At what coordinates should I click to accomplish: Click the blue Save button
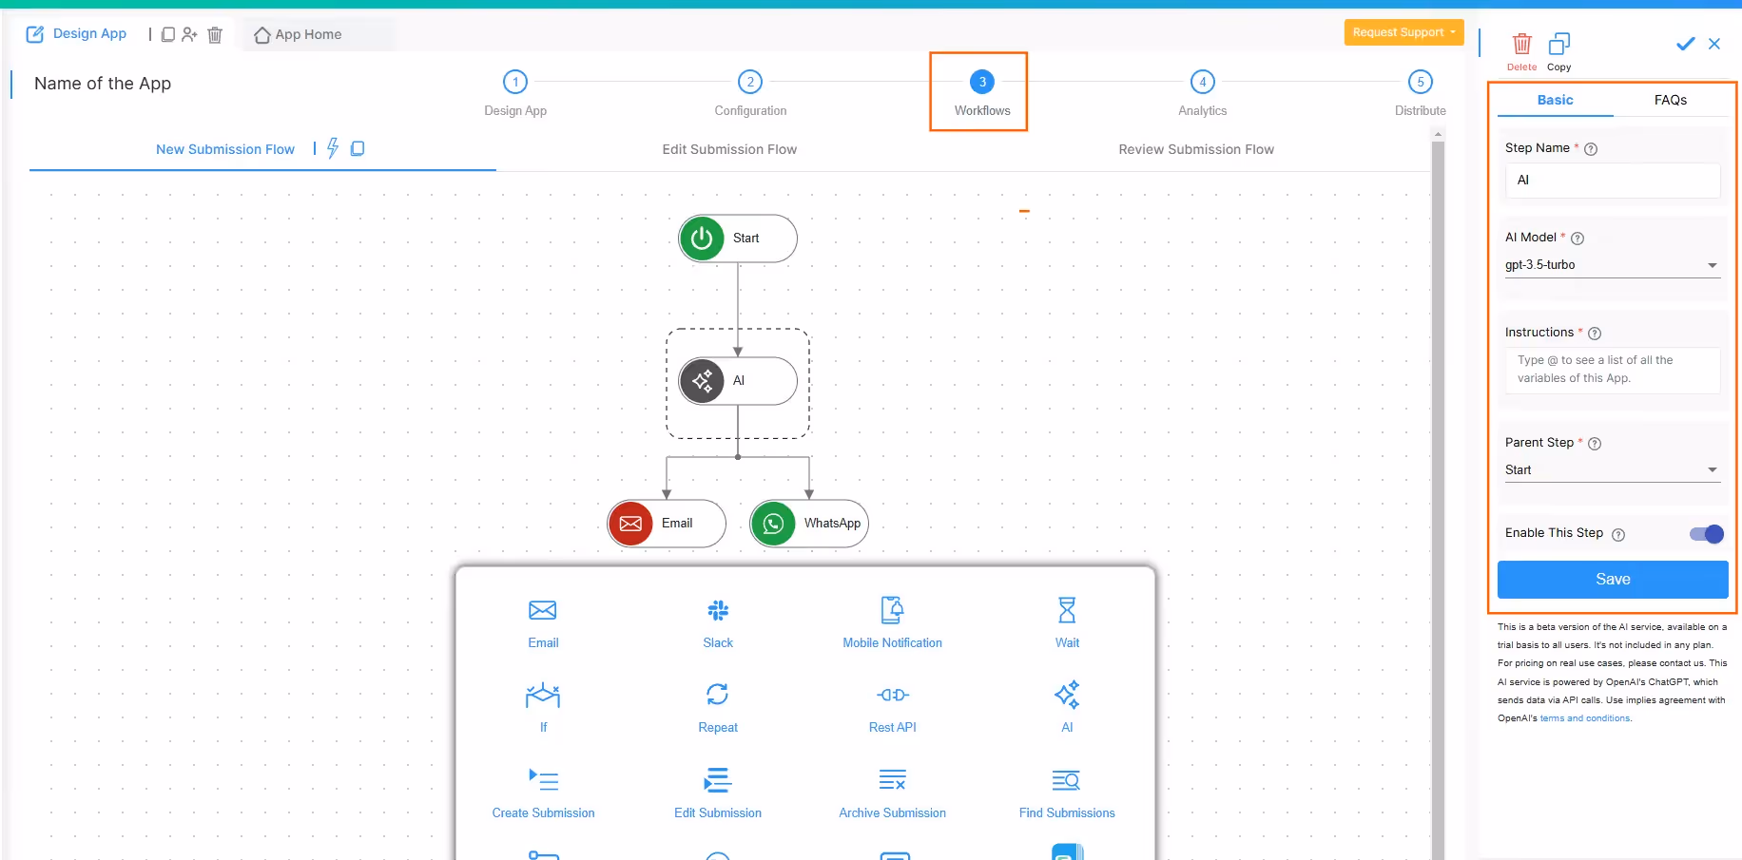pyautogui.click(x=1612, y=580)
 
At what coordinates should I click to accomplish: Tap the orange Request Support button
pyautogui.click(x=1403, y=32)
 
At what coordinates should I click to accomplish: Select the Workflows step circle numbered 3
pyautogui.click(x=982, y=83)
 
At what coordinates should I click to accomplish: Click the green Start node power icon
pyautogui.click(x=702, y=239)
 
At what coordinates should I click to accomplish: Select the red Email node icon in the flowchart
pyautogui.click(x=630, y=524)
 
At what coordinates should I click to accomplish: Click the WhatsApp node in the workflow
pyautogui.click(x=809, y=524)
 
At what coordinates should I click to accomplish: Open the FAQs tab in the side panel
pyautogui.click(x=1670, y=100)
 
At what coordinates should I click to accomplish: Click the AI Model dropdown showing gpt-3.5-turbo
pyautogui.click(x=1612, y=265)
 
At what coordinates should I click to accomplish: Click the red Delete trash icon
pyautogui.click(x=1521, y=45)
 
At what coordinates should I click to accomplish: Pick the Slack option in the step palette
pyautogui.click(x=718, y=611)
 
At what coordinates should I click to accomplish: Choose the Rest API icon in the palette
pyautogui.click(x=892, y=696)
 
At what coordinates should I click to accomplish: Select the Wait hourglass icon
pyautogui.click(x=1067, y=610)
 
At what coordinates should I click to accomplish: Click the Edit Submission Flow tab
pyautogui.click(x=729, y=149)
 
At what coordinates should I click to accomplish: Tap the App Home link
pyautogui.click(x=299, y=35)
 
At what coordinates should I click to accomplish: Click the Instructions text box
pyautogui.click(x=1612, y=370)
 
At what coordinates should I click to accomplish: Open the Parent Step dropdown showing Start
pyautogui.click(x=1612, y=470)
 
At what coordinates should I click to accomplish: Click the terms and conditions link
pyautogui.click(x=1585, y=718)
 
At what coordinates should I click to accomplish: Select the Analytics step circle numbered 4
pyautogui.click(x=1202, y=83)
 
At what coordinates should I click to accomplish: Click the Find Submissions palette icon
pyautogui.click(x=1066, y=781)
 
